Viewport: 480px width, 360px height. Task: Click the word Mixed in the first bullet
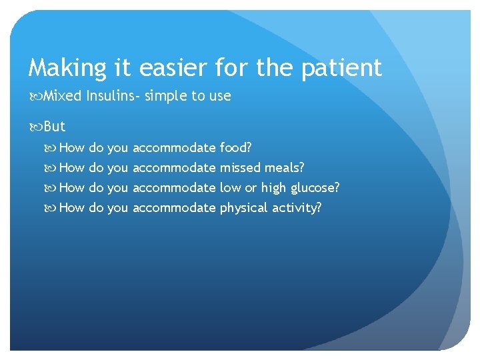[x=62, y=96]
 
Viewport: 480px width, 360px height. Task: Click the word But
[x=55, y=127]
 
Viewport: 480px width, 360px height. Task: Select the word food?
[x=235, y=147]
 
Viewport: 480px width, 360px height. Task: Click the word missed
[x=240, y=167]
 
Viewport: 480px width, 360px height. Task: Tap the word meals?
[x=285, y=167]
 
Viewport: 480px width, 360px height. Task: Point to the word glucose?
[x=313, y=187]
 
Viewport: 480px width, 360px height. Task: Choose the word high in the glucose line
[x=272, y=187]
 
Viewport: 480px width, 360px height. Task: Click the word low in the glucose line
[x=230, y=187]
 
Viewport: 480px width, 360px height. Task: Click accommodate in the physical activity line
[x=174, y=207]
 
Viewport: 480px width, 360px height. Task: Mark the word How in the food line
[x=72, y=147]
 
